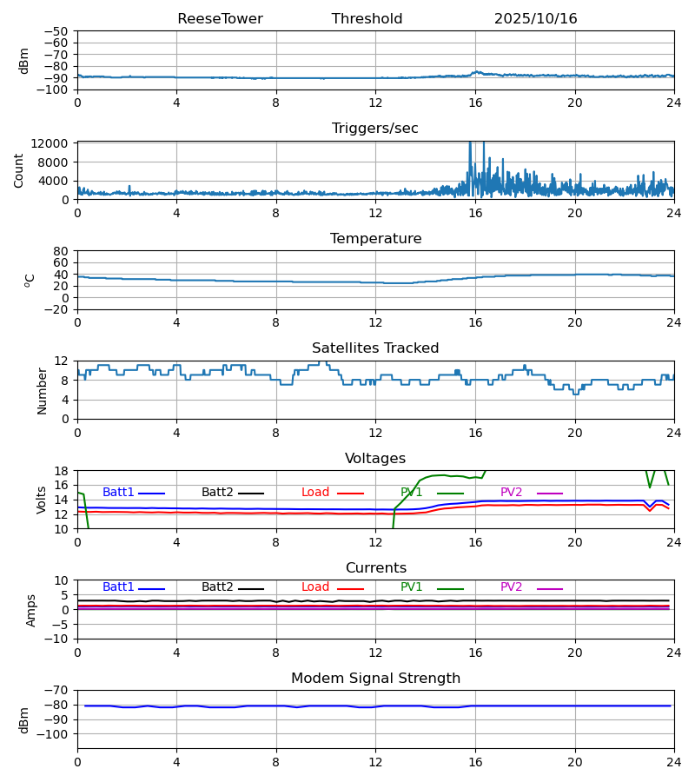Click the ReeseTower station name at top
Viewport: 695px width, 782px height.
(x=220, y=19)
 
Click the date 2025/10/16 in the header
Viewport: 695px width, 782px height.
(x=535, y=19)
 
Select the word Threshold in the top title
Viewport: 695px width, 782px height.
(x=367, y=19)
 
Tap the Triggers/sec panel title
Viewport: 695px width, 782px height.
(x=375, y=129)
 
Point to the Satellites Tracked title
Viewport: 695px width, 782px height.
(x=375, y=348)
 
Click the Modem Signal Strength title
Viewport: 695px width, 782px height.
(x=375, y=679)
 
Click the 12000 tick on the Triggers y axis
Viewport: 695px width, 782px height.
(x=56, y=143)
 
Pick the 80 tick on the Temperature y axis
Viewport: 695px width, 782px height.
(x=62, y=251)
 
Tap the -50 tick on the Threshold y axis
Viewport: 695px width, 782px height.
(x=58, y=31)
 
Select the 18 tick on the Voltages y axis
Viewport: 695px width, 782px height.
(x=62, y=471)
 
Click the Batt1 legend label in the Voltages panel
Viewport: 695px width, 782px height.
(x=118, y=493)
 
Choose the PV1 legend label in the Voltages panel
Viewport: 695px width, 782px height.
(x=411, y=493)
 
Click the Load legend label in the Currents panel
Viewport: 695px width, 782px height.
(x=315, y=587)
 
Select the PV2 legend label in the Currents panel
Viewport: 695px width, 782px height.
(x=511, y=587)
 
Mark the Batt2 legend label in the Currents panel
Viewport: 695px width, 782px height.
(x=217, y=587)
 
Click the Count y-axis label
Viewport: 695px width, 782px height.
(x=19, y=170)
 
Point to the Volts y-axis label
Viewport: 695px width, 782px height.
(x=42, y=500)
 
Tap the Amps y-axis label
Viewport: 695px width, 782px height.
(x=31, y=610)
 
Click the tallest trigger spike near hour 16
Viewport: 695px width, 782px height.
(x=470, y=144)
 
